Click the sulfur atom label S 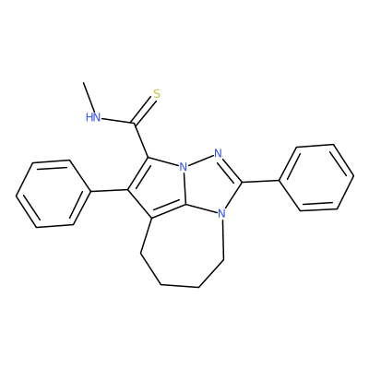pyautogui.click(x=157, y=94)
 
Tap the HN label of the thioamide pyautogui.click(x=93, y=117)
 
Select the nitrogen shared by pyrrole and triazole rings pyautogui.click(x=184, y=167)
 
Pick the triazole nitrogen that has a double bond pyautogui.click(x=218, y=153)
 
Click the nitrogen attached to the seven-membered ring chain pyautogui.click(x=221, y=213)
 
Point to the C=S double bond pyautogui.click(x=144, y=111)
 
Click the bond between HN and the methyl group pyautogui.click(x=89, y=98)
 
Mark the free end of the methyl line pyautogui.click(x=83, y=82)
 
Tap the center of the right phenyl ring pyautogui.click(x=316, y=177)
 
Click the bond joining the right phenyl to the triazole pyautogui.click(x=261, y=182)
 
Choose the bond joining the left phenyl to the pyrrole pyautogui.click(x=109, y=191)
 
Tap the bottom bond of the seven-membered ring pyautogui.click(x=180, y=287)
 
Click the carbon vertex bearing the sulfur pyautogui.click(x=135, y=124)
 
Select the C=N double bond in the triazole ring pyautogui.click(x=232, y=169)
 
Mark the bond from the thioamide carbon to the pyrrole pyautogui.click(x=141, y=141)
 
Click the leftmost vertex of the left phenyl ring pyautogui.click(x=17, y=196)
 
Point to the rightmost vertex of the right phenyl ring pyautogui.click(x=354, y=176)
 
